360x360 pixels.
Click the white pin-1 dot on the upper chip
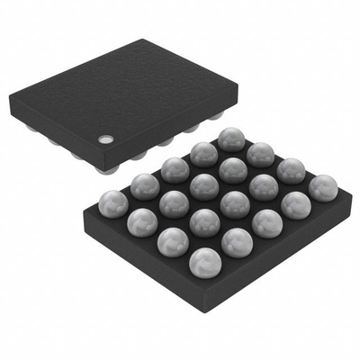[x=105, y=139]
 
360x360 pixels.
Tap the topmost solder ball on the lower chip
[x=230, y=139]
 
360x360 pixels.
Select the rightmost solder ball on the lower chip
[x=322, y=187]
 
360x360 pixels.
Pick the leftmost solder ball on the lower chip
[x=112, y=202]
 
